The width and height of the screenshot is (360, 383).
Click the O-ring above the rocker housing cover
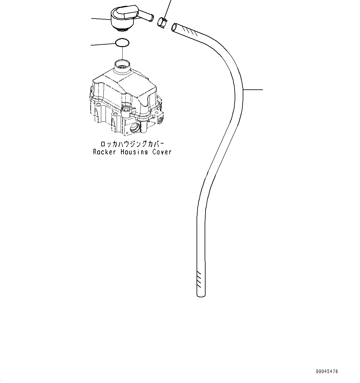[x=122, y=43]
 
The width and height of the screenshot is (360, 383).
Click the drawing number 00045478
[x=327, y=371]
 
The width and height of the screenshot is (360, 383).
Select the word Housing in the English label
[x=134, y=152]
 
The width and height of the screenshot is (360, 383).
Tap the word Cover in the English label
[x=162, y=152]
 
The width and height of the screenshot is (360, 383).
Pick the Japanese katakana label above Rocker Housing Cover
[x=132, y=144]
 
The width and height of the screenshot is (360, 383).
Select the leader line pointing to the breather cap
[x=101, y=19]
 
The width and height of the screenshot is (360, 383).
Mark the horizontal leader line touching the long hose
[x=253, y=90]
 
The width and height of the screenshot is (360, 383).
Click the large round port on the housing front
[x=136, y=127]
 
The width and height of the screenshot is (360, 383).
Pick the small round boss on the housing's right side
[x=161, y=119]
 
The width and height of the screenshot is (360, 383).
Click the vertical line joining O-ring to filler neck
[x=122, y=53]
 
